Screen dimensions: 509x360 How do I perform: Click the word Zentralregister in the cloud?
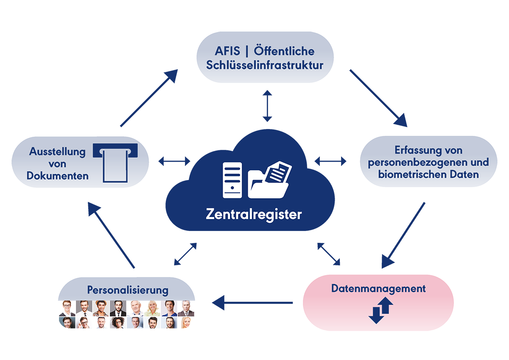point(254,214)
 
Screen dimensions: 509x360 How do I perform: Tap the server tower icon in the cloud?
point(232,180)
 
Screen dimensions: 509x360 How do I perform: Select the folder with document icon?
point(270,180)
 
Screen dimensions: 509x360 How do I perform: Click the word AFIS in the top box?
point(227,51)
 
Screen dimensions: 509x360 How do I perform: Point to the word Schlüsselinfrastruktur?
point(265,65)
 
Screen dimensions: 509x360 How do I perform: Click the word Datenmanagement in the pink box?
point(378,289)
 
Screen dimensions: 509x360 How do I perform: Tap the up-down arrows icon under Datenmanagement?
point(380,310)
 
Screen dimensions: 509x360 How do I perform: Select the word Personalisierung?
point(128,290)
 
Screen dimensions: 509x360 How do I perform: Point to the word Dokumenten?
point(58,176)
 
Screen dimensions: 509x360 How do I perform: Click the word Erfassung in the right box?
point(414,151)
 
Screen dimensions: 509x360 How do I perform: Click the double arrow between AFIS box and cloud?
point(267,106)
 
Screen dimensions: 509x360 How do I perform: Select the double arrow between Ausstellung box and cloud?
point(174,161)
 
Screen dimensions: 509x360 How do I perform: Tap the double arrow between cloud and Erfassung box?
point(330,161)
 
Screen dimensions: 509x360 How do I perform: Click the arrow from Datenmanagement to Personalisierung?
point(252,303)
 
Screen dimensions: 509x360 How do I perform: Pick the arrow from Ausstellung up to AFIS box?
point(149,98)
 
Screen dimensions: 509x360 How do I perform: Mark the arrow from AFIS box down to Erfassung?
point(378,98)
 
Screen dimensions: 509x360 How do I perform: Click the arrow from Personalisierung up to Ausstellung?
point(111,235)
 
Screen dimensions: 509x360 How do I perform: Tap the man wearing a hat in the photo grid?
point(101,308)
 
